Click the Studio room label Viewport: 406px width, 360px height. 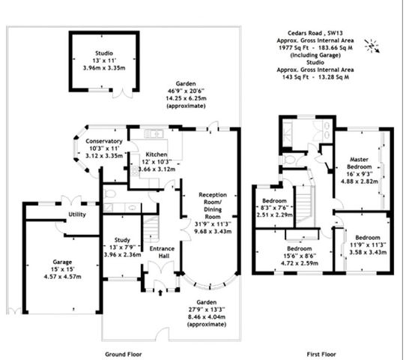click(104, 53)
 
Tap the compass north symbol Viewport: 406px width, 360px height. click(372, 46)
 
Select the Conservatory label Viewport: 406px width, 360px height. click(104, 141)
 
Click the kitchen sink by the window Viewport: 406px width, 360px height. click(154, 133)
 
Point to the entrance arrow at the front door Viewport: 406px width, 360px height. click(160, 292)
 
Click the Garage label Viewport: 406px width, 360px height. click(62, 262)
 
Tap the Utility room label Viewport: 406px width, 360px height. click(77, 214)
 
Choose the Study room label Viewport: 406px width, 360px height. click(122, 240)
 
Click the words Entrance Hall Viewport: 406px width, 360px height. click(162, 252)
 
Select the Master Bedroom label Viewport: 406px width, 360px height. click(360, 163)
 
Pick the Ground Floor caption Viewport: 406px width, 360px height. click(124, 354)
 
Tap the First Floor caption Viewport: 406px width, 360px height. click(321, 354)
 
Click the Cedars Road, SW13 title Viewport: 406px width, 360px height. click(315, 33)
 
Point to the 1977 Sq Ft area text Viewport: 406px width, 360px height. click(294, 48)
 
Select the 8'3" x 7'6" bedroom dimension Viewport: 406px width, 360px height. click(274, 208)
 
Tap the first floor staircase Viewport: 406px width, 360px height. click(306, 205)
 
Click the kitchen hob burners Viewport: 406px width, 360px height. click(135, 171)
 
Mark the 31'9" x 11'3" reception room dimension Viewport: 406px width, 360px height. click(213, 224)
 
